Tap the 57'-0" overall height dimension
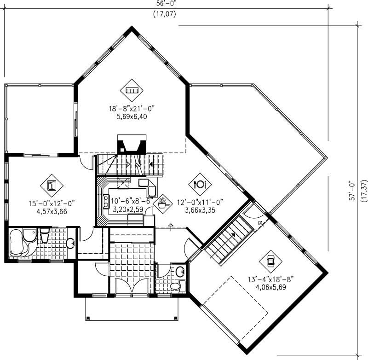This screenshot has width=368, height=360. point(351,190)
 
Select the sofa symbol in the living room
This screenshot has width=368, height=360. point(131,90)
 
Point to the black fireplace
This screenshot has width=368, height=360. point(132,145)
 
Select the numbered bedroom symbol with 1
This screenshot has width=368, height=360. point(52,186)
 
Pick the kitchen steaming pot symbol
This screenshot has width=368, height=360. point(162,202)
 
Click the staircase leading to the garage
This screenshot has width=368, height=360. point(229,238)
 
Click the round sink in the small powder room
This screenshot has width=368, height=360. point(180,271)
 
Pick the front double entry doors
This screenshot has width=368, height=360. point(130,287)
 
